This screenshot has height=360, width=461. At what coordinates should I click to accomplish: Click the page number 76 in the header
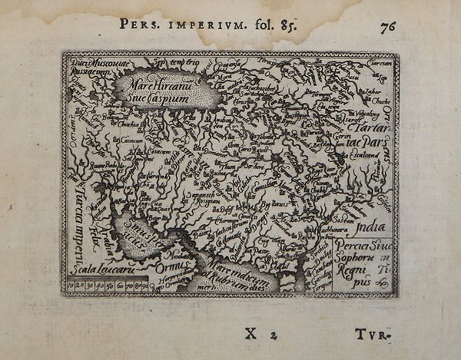(x=388, y=25)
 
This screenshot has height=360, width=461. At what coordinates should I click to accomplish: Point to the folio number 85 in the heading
(x=280, y=23)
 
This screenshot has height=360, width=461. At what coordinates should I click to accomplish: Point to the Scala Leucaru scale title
(x=96, y=269)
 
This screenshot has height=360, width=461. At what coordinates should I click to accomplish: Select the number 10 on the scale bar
(x=75, y=287)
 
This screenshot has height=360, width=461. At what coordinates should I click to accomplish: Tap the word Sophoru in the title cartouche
(x=360, y=259)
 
